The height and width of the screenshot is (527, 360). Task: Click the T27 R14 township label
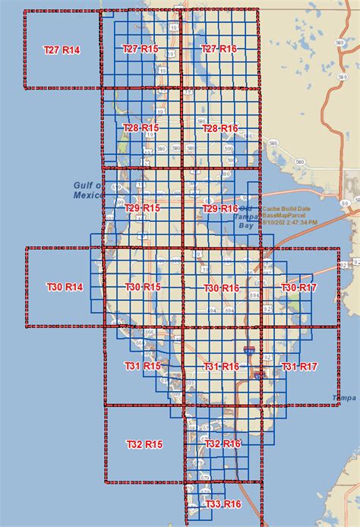62,49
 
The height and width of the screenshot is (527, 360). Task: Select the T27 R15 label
141,49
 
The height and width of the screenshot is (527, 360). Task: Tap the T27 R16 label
219,49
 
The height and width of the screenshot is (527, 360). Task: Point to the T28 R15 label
141,128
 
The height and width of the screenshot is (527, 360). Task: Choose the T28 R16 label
220,128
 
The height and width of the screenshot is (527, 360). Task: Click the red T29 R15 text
142,208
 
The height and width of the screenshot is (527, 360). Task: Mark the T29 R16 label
220,208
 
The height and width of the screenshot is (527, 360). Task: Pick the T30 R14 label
65,287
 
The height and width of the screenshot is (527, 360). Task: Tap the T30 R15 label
143,287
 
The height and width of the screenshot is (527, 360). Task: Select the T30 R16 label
222,288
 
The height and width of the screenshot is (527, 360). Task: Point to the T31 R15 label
143,366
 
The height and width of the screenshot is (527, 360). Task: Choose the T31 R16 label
222,367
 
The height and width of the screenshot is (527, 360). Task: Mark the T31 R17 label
299,367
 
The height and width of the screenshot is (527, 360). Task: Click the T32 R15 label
144,443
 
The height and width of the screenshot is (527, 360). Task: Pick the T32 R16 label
223,443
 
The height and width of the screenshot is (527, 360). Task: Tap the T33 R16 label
223,504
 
